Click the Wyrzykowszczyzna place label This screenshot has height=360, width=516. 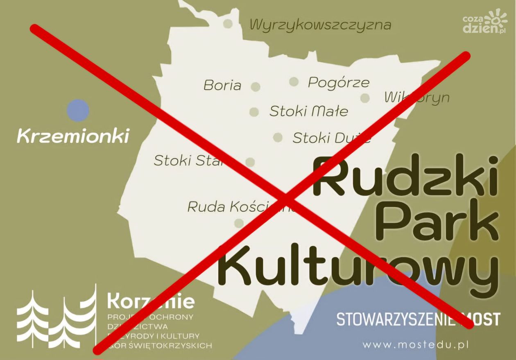click(x=320, y=25)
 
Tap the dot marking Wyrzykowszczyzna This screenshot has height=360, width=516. click(x=228, y=24)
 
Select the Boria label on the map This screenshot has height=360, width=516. click(x=222, y=85)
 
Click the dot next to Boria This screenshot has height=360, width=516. click(x=256, y=86)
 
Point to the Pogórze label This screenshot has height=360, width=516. click(x=339, y=83)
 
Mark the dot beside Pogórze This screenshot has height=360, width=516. click(x=293, y=82)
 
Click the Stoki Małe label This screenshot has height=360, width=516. click(x=308, y=111)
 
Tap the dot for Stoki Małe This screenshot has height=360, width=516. click(x=254, y=112)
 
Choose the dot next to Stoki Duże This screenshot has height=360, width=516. click(x=278, y=137)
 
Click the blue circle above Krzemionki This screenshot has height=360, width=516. click(x=78, y=111)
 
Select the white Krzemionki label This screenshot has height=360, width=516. click(x=73, y=136)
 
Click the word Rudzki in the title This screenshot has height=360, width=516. click(x=405, y=177)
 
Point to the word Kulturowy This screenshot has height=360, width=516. click(x=358, y=268)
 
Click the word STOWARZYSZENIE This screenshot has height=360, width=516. click(x=395, y=319)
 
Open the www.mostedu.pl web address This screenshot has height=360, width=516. click(x=415, y=345)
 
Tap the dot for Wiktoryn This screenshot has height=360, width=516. click(x=365, y=98)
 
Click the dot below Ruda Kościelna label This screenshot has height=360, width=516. click(x=238, y=223)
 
